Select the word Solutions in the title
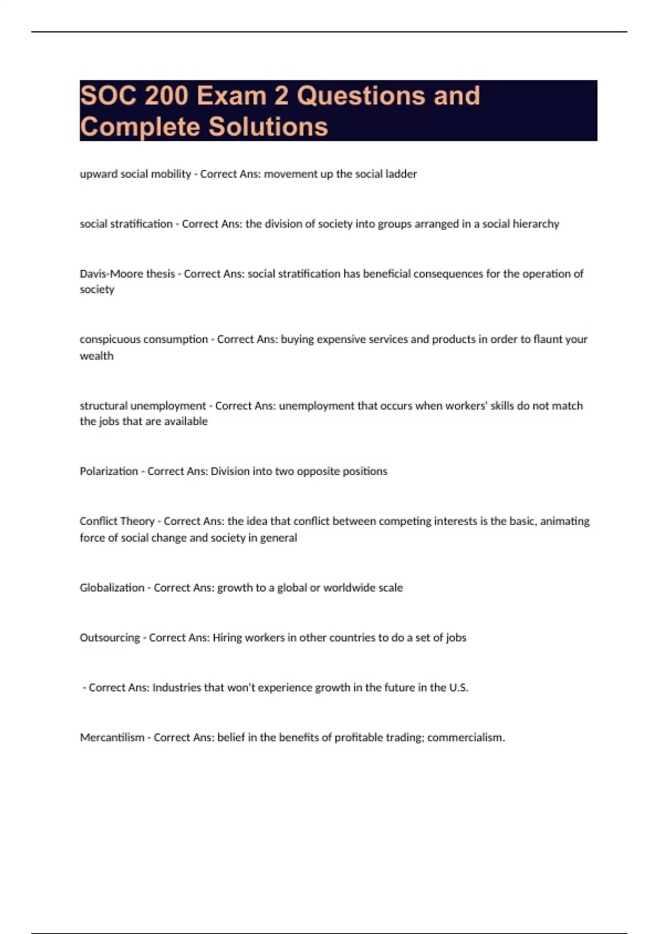[268, 127]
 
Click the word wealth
[97, 356]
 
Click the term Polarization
[109, 471]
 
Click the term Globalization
[112, 588]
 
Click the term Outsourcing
[110, 638]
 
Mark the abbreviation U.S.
[459, 688]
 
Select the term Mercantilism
[112, 738]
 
